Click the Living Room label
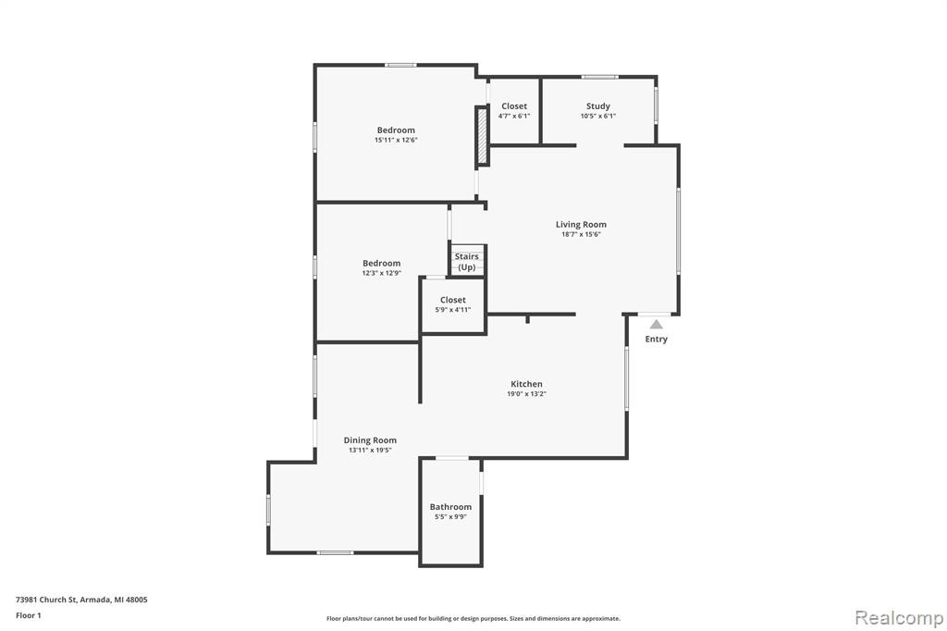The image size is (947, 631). (x=581, y=224)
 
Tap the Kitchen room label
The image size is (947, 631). (x=526, y=384)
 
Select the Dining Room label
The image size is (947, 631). (x=370, y=440)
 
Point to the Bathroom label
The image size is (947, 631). (x=450, y=507)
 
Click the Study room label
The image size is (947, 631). (x=598, y=106)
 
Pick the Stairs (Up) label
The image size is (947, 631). (x=467, y=262)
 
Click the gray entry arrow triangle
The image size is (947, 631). (x=657, y=325)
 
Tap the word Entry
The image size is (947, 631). (x=656, y=339)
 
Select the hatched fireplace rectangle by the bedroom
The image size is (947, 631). (x=482, y=135)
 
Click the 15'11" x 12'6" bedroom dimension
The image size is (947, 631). (x=396, y=141)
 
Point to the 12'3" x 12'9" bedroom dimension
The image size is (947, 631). (x=382, y=273)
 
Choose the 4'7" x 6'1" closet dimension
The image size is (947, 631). (x=514, y=116)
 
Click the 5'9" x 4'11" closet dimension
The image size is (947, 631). (x=453, y=310)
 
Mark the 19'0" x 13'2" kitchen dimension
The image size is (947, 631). (x=526, y=394)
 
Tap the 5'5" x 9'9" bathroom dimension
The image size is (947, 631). (x=450, y=517)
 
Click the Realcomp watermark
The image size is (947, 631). (x=899, y=618)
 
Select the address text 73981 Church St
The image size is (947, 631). (x=46, y=600)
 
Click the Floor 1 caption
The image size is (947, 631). (x=29, y=615)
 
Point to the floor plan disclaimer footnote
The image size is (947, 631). (x=473, y=618)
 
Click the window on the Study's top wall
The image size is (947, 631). (x=599, y=77)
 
